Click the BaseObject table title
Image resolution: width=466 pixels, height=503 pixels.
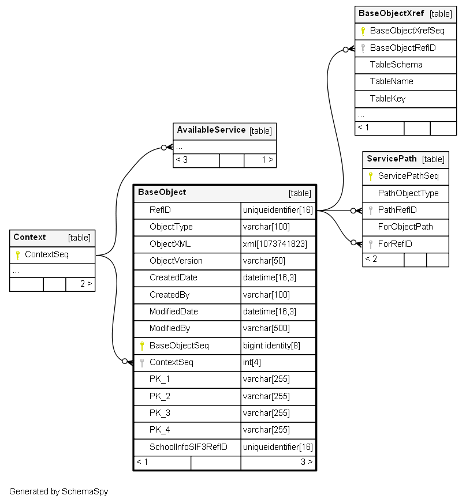click(x=162, y=192)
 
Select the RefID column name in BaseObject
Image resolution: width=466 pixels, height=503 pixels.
click(x=160, y=210)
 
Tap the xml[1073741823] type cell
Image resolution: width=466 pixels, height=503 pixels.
click(x=275, y=244)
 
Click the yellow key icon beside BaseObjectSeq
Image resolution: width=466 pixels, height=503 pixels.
click(x=142, y=346)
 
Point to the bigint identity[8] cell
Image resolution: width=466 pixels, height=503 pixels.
click(x=272, y=346)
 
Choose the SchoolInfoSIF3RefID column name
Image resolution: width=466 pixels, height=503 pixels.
click(x=188, y=447)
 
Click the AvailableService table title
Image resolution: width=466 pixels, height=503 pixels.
click(x=211, y=130)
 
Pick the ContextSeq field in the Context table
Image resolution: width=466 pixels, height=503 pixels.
click(x=47, y=254)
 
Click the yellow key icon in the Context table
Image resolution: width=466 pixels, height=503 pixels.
click(x=18, y=255)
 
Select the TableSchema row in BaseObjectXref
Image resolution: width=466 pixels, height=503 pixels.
click(x=396, y=65)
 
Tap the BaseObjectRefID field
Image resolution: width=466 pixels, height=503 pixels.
click(x=402, y=48)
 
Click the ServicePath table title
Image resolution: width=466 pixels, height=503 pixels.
click(x=392, y=159)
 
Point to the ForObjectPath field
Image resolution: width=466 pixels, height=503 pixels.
click(x=405, y=227)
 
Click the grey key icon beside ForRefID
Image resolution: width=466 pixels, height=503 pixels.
click(x=371, y=245)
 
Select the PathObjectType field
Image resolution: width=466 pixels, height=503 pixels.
click(x=408, y=193)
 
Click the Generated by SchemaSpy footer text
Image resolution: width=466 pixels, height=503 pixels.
click(x=58, y=491)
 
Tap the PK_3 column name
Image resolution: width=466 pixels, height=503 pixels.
click(x=159, y=413)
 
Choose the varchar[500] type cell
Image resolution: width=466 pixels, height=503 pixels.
click(x=266, y=328)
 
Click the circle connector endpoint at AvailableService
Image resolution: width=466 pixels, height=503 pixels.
click(x=164, y=148)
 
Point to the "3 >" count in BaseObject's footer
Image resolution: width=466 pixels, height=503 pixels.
click(x=307, y=462)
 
